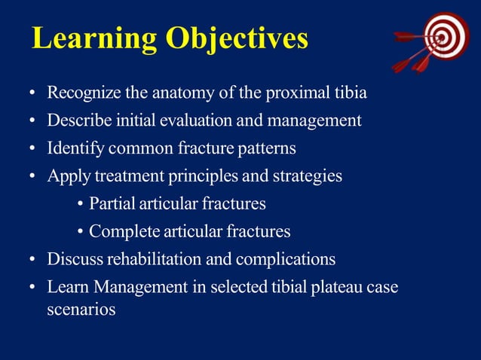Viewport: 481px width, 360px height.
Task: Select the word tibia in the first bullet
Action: point(351,94)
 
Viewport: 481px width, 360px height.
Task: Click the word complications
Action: point(286,259)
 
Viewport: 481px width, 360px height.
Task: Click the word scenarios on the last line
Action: point(81,309)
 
